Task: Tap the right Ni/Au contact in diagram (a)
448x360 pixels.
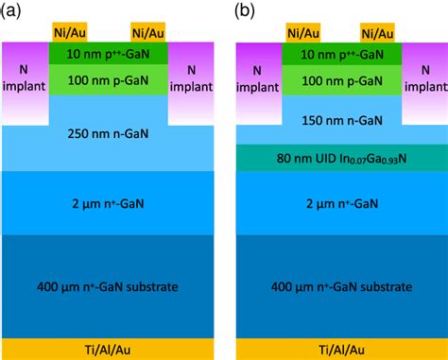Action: (x=148, y=32)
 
